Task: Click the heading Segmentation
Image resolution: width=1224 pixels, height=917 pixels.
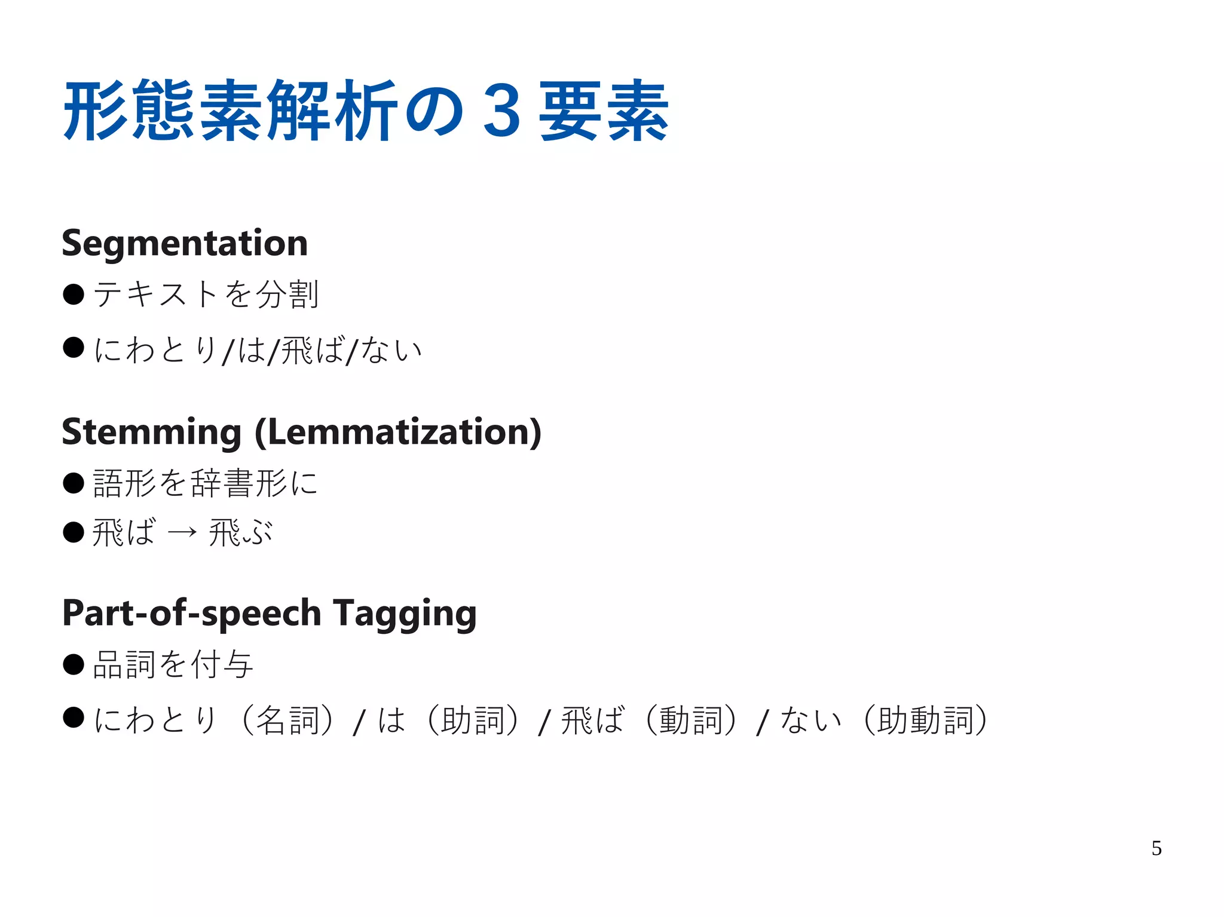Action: coord(185,243)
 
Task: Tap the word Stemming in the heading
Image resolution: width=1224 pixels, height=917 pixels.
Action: coord(151,432)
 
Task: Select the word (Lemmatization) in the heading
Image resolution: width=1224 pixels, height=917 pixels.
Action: coord(398,432)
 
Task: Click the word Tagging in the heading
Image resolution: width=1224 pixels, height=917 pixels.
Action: coord(405,614)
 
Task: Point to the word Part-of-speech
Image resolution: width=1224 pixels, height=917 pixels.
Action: coord(192,614)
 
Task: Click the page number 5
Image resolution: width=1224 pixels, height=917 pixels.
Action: coord(1156,848)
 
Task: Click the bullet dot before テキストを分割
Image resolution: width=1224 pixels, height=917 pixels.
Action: coord(74,294)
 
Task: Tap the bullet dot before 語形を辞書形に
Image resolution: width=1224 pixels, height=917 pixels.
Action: coord(74,483)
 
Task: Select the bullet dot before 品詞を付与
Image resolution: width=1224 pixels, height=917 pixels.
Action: coord(74,664)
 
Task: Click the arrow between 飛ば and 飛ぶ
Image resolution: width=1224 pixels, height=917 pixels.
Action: coord(182,532)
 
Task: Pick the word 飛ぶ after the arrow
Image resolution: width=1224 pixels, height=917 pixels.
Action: coord(240,532)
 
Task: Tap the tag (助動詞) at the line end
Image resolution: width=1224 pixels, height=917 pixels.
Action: coord(925,720)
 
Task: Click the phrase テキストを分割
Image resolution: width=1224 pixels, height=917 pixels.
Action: coord(206,295)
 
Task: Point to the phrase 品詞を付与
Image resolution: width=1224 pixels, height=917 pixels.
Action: coord(173,664)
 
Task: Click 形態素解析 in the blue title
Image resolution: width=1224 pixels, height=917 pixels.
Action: coord(231,112)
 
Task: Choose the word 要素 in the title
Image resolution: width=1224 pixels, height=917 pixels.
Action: coord(604,112)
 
